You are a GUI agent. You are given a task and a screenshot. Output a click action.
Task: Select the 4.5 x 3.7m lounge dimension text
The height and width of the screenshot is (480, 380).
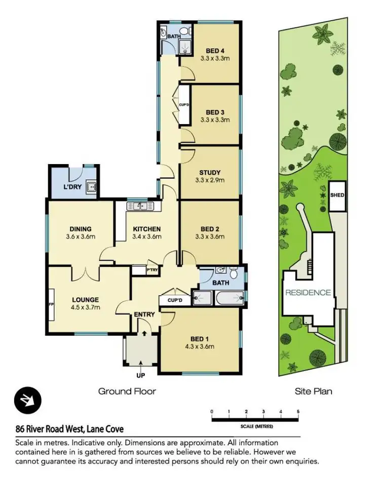pyautogui.click(x=85, y=307)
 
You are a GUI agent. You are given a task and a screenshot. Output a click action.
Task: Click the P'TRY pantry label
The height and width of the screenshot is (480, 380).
pyautogui.click(x=153, y=270)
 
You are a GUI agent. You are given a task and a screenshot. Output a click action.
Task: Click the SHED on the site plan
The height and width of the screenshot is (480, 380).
pyautogui.click(x=337, y=195)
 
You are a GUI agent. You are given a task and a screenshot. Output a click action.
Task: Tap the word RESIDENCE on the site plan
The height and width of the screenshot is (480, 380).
pyautogui.click(x=308, y=293)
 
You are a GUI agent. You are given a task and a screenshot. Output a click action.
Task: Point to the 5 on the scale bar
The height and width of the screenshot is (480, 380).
pyautogui.click(x=298, y=411)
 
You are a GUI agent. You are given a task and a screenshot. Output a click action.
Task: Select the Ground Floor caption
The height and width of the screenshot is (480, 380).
pyautogui.click(x=127, y=391)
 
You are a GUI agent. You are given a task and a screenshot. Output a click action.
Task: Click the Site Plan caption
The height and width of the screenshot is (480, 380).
pyautogui.click(x=313, y=391)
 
